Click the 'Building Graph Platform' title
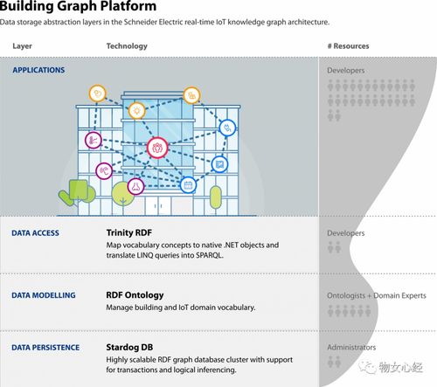coord(78,6)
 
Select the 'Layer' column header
coord(22,46)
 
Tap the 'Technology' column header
coord(127,46)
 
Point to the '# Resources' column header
coord(348,46)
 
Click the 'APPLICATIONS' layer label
coord(38,70)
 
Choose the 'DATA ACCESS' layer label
coord(35,233)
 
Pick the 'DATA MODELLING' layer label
coord(44,295)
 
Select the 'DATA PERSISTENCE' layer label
coord(45,348)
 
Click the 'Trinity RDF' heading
coord(129,232)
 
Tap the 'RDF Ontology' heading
coord(135,295)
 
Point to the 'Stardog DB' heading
coord(129,348)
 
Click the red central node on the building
coord(157,148)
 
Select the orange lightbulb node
coord(136,111)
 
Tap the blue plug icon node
coord(227,128)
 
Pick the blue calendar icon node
coord(188,185)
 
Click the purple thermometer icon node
coord(94,140)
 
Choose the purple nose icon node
coord(135,186)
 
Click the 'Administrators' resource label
coord(351,348)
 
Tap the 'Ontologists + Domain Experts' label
coord(377,295)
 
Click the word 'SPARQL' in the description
coord(210,255)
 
